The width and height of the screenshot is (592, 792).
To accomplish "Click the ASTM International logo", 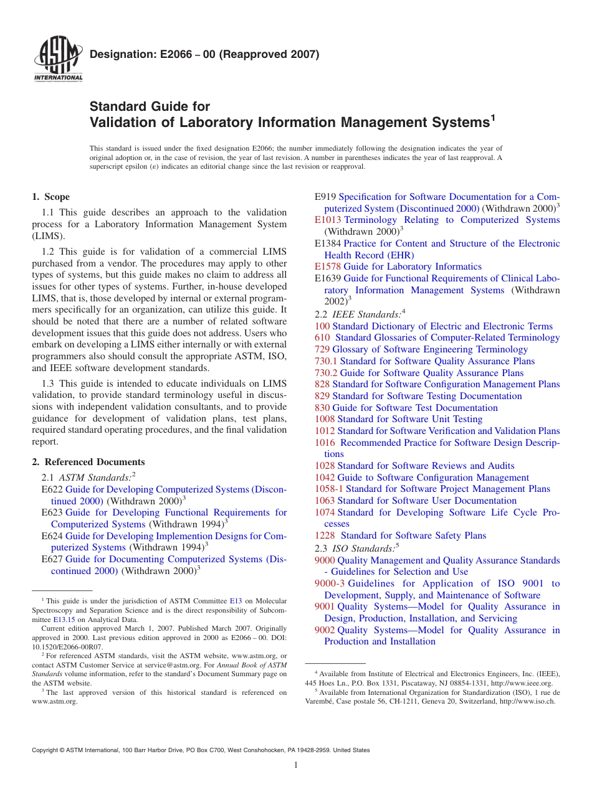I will tap(57, 61).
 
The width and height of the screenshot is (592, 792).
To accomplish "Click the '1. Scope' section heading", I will tap(50, 197).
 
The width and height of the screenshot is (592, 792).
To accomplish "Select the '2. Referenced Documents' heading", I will tap(88, 462).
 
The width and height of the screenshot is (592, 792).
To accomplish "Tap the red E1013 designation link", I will tap(328, 220).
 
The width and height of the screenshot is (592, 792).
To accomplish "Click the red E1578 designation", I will tap(328, 266).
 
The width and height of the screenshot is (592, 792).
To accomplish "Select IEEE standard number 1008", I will tap(324, 419).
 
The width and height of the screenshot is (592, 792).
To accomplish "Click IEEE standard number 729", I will tap(322, 349).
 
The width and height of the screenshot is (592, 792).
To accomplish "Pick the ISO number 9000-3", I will tap(330, 583).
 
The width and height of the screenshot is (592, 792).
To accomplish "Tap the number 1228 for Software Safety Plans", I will tap(325, 535).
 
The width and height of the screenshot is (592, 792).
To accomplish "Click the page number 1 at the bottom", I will tap(296, 765).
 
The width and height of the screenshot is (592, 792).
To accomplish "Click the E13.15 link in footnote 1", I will tap(64, 620).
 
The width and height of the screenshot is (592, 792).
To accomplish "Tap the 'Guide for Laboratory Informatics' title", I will tap(413, 266).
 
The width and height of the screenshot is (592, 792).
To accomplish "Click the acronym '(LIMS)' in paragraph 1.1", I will tap(47, 236).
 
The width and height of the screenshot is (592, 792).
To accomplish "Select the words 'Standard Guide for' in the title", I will tap(150, 106).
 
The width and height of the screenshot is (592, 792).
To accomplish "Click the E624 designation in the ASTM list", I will tap(52, 535).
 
